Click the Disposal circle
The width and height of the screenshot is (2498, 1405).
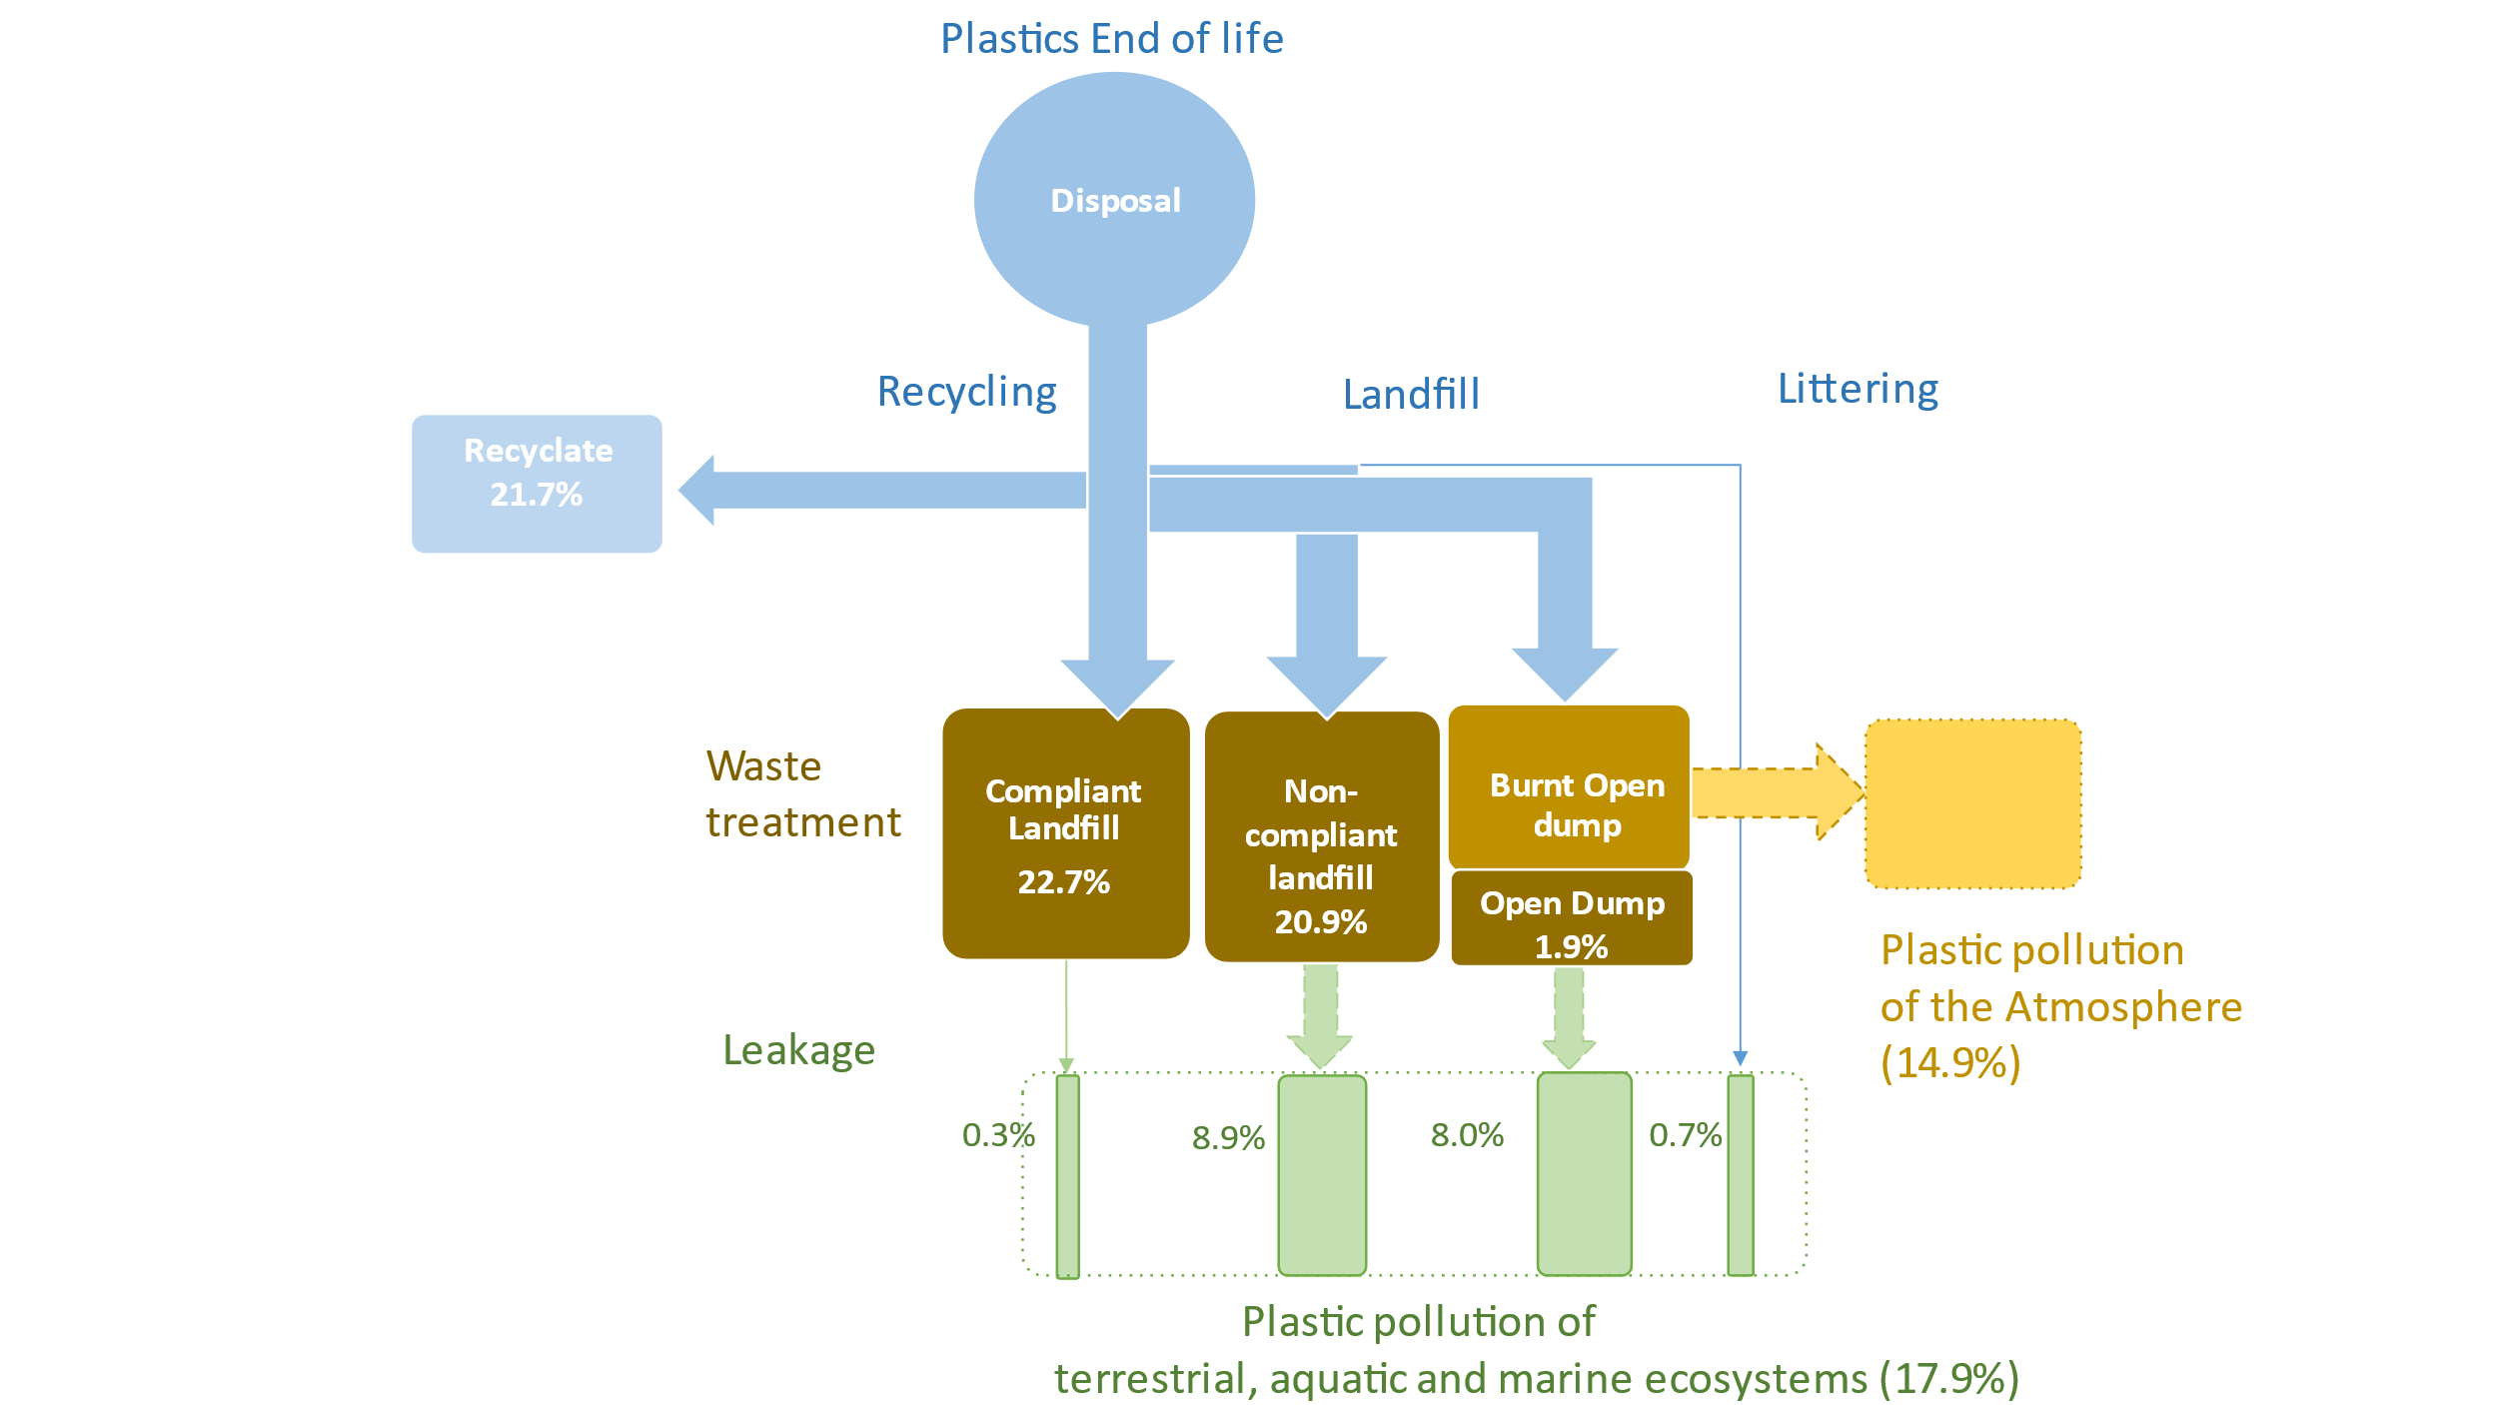click(x=1114, y=200)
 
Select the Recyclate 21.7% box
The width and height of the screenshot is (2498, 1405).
click(x=537, y=483)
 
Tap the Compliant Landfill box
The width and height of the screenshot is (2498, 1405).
click(x=1065, y=833)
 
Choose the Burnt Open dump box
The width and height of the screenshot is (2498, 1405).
click(x=1569, y=787)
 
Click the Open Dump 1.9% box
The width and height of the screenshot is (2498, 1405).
click(x=1571, y=918)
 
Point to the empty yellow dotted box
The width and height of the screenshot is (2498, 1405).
click(x=1972, y=803)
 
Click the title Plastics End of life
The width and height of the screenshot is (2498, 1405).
click(x=1111, y=39)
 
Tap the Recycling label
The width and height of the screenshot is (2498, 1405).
click(x=966, y=392)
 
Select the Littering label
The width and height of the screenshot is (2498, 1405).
click(x=1858, y=389)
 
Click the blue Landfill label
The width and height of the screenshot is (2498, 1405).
click(x=1411, y=395)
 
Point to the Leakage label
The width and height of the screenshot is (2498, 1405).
click(x=798, y=1051)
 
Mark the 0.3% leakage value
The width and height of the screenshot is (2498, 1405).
click(x=997, y=1135)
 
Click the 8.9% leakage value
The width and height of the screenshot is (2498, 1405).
click(x=1228, y=1138)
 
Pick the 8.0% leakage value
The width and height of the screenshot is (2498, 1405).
click(x=1467, y=1135)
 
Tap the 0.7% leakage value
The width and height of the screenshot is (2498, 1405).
click(x=1685, y=1135)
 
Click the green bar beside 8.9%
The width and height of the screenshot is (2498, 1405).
click(x=1322, y=1175)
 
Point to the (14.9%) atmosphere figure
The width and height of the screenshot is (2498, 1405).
click(x=1950, y=1062)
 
